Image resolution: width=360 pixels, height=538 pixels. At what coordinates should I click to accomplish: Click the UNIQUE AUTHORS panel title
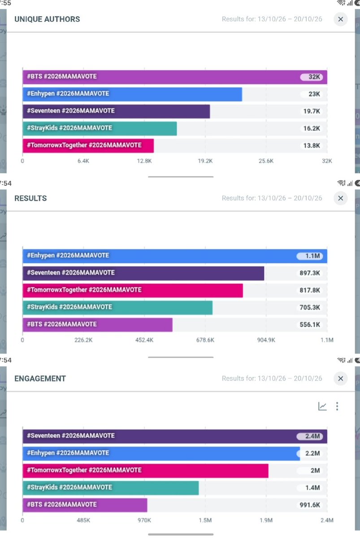tap(47, 19)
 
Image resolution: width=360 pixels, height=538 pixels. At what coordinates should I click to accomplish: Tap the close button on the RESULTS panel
tap(340, 198)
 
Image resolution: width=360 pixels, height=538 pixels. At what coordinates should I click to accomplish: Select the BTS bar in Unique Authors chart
tap(175, 77)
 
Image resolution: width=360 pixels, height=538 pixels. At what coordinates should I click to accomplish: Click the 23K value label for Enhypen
tap(314, 94)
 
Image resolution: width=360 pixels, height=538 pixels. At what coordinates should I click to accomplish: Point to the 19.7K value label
tap(312, 111)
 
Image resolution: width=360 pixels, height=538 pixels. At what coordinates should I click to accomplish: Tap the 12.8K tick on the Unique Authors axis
tap(144, 161)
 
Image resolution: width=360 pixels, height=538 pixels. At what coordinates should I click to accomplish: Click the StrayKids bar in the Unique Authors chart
tap(100, 128)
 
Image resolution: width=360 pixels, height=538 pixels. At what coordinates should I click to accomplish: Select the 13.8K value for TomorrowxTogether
tap(312, 145)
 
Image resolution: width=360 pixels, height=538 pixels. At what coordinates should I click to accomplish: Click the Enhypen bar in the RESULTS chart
tap(175, 256)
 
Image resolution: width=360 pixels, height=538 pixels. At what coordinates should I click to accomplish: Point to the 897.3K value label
tap(310, 273)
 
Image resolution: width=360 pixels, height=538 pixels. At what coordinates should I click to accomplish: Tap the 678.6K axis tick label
tap(205, 340)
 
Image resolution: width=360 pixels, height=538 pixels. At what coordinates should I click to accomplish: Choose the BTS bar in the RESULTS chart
tap(97, 324)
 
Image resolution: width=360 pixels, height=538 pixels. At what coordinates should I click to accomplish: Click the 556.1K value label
tap(310, 324)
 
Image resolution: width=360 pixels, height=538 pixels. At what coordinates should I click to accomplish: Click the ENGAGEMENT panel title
tap(40, 378)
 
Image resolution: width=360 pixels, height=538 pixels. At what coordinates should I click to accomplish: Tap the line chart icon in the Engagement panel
tap(322, 406)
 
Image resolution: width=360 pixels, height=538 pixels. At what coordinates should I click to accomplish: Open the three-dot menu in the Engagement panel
tap(338, 406)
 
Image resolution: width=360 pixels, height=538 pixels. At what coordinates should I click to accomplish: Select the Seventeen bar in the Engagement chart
tap(175, 436)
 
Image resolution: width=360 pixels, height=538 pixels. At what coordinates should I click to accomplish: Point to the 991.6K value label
tap(310, 505)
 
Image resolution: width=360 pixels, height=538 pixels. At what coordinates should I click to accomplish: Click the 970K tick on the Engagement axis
tap(144, 520)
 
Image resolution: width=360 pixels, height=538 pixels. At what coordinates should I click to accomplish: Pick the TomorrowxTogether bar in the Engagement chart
tap(145, 470)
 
